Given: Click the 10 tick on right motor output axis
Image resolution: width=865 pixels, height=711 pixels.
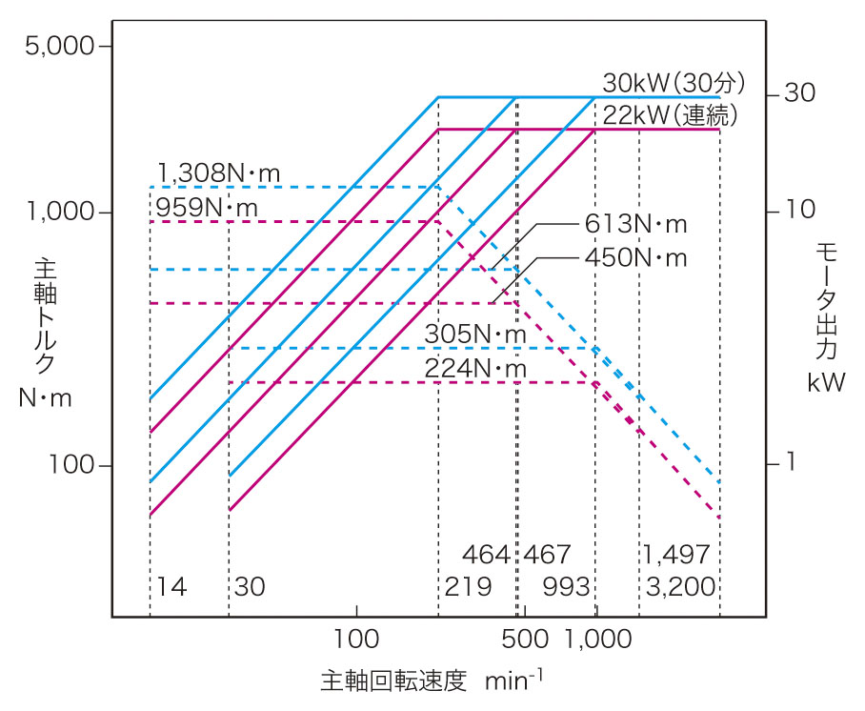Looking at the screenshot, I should tap(796, 209).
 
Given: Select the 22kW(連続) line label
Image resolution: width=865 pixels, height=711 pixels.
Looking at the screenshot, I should tap(671, 114).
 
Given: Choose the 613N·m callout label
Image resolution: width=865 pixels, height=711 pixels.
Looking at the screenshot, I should tap(635, 225).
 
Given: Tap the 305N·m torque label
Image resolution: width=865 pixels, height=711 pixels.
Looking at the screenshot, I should tap(475, 335).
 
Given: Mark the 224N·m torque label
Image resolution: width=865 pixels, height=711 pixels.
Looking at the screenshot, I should tap(475, 368).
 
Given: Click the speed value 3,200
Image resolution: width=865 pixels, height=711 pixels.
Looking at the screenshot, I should tap(679, 586).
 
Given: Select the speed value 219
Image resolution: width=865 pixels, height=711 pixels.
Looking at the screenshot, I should tap(468, 586).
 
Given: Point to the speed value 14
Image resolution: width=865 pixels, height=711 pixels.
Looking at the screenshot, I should tap(171, 586).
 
